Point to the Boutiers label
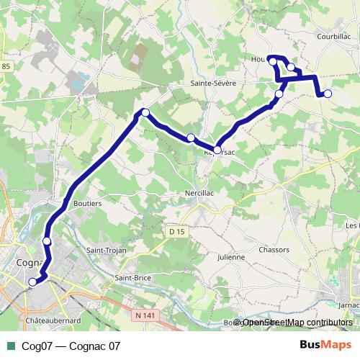pyautogui.click(x=88, y=204)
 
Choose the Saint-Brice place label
pyautogui.click(x=132, y=277)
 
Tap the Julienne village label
pyautogui.click(x=231, y=256)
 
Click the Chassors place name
pyautogui.click(x=274, y=250)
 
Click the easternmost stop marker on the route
pyautogui.click(x=328, y=94)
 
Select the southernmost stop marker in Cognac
pyautogui.click(x=32, y=282)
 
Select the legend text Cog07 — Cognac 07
pyautogui.click(x=71, y=346)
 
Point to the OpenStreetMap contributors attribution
pyautogui.click(x=297, y=323)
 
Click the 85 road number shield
pyautogui.click(x=6, y=67)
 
